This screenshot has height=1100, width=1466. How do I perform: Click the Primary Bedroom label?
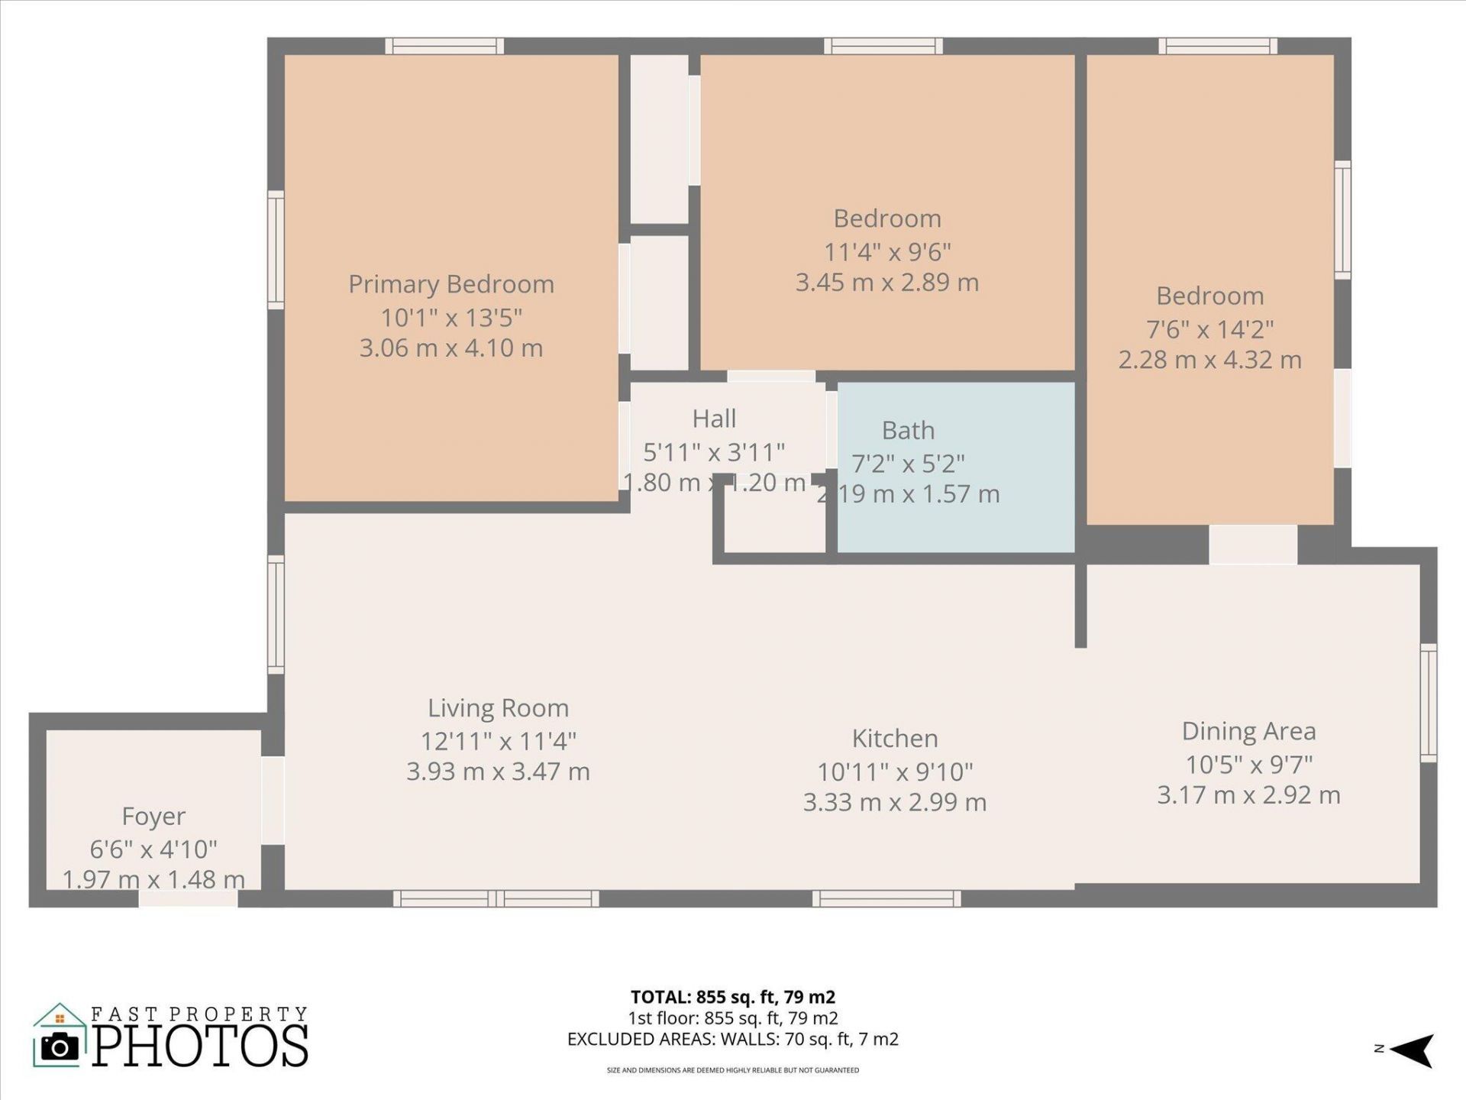[450, 284]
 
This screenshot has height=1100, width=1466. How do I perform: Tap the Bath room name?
[908, 430]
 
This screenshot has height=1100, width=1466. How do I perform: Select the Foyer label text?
[153, 816]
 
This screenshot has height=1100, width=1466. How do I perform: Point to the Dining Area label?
[1248, 731]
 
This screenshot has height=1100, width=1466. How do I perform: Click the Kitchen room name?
[894, 739]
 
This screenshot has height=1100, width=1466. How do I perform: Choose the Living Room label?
[498, 708]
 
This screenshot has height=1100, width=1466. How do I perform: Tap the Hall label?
[714, 419]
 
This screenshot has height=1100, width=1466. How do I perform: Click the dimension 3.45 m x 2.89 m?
[886, 283]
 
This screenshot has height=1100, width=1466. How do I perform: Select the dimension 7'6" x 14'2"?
[1209, 329]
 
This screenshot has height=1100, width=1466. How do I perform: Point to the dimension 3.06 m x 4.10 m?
[450, 348]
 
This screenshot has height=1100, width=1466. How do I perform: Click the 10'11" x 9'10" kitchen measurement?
[894, 772]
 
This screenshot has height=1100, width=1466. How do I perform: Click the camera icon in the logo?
[60, 1046]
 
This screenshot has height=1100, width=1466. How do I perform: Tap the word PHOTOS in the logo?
[201, 1046]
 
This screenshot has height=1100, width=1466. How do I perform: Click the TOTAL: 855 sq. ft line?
[732, 997]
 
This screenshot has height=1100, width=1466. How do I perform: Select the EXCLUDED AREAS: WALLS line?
[732, 1039]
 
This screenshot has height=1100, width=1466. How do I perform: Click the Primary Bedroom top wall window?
[444, 47]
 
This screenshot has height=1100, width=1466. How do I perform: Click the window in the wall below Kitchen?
[886, 898]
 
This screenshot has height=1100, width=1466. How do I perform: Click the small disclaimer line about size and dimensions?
[732, 1070]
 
